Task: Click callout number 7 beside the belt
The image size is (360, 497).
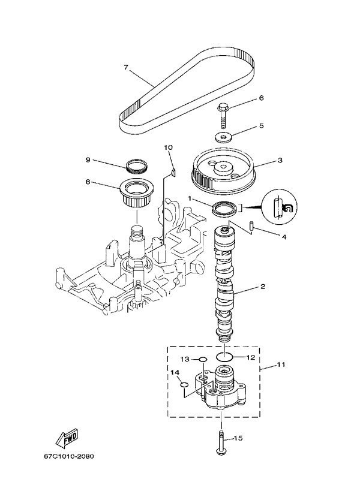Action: tap(127, 67)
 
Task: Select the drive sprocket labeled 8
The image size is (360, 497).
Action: tap(137, 192)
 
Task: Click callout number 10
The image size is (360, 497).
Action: tap(168, 147)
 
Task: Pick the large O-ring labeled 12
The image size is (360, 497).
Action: tap(223, 356)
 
